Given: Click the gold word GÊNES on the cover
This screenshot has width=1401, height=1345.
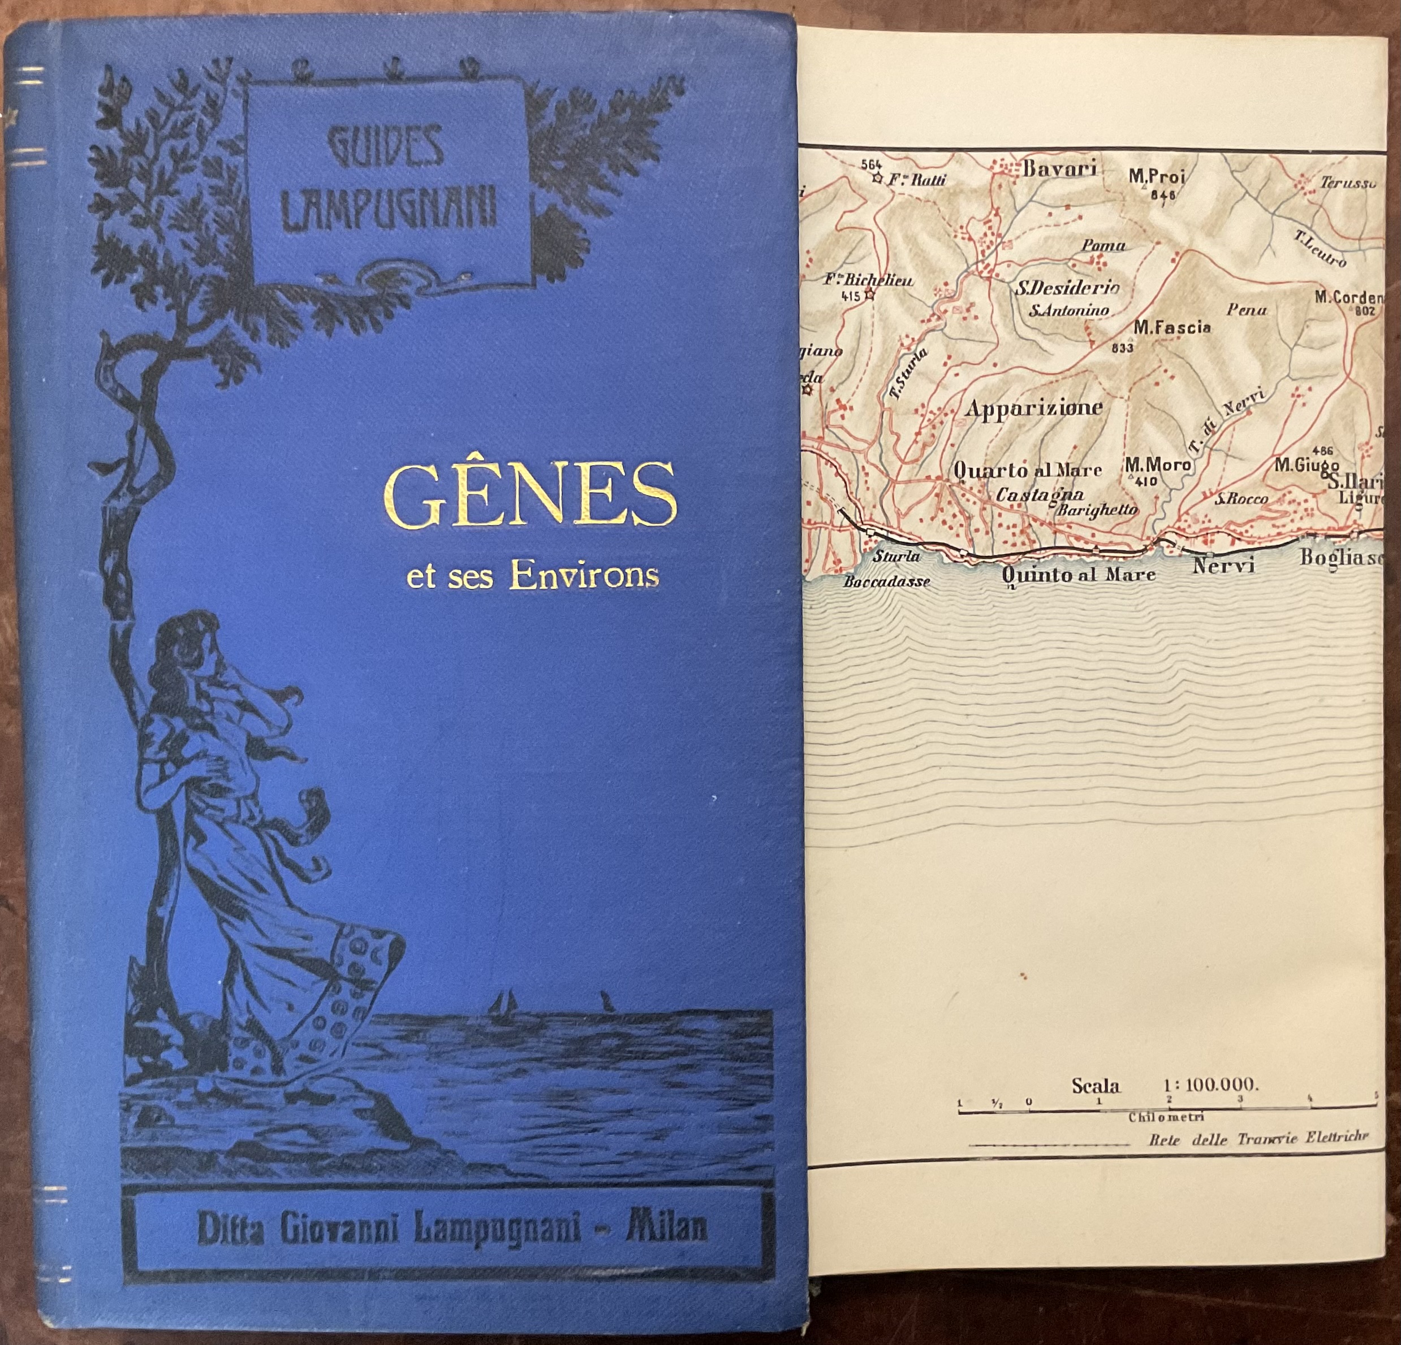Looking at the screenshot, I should pyautogui.click(x=529, y=495).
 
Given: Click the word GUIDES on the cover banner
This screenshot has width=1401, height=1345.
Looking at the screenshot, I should pyautogui.click(x=389, y=150).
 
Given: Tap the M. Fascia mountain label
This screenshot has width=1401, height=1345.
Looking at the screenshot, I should pyautogui.click(x=1172, y=327).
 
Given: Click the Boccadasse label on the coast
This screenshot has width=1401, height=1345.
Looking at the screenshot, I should pyautogui.click(x=886, y=582).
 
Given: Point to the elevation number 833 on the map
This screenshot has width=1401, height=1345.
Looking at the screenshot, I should pyautogui.click(x=1123, y=349).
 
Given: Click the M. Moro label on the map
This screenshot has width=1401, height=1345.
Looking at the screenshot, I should pyautogui.click(x=1158, y=465).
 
